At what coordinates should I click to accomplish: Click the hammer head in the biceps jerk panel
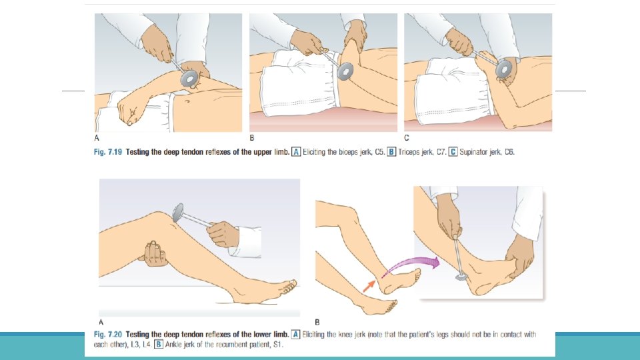tap(190, 78)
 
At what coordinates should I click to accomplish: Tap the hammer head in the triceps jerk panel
tap(345, 71)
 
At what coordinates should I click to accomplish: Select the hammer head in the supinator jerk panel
tap(504, 69)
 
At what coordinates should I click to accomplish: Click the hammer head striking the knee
tap(178, 212)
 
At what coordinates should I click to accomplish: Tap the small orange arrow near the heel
tap(369, 286)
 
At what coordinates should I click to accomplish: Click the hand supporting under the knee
tap(153, 254)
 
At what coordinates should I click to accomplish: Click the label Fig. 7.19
tap(108, 152)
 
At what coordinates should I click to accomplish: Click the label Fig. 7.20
tap(108, 334)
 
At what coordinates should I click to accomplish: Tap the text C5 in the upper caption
tap(379, 152)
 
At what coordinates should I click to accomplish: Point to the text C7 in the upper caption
tap(441, 152)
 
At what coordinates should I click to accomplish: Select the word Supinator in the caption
tap(473, 153)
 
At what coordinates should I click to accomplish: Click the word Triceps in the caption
tap(410, 153)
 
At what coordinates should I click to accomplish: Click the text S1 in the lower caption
tap(277, 345)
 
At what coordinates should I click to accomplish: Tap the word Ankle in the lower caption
tap(174, 345)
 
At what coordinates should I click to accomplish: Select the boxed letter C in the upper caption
tap(453, 152)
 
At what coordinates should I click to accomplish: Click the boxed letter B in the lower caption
tap(159, 344)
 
